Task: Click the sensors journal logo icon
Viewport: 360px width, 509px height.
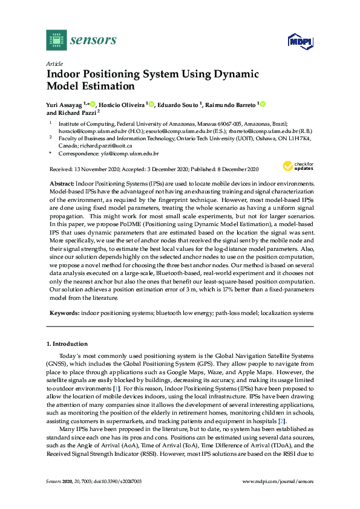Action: pyautogui.click(x=56, y=41)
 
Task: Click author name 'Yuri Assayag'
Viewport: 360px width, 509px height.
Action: pyautogui.click(x=64, y=105)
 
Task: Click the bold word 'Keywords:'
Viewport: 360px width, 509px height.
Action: pyautogui.click(x=64, y=313)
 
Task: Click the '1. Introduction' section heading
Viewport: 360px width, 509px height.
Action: pyautogui.click(x=67, y=343)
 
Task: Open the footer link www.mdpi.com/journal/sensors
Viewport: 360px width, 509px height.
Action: pyautogui.click(x=278, y=498)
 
